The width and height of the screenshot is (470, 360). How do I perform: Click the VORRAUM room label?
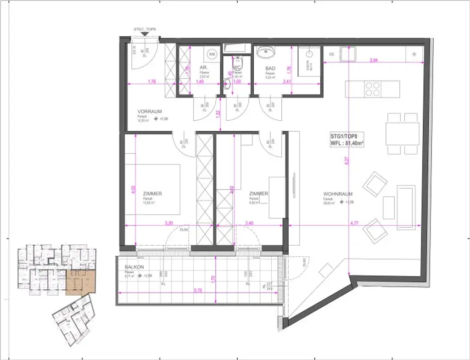pos(149,112)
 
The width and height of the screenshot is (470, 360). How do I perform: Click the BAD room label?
pos(270,68)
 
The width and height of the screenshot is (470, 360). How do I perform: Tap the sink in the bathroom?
pos(266,53)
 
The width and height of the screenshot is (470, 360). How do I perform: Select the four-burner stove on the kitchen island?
pos(372,89)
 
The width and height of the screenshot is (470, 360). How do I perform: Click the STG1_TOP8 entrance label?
pos(145,29)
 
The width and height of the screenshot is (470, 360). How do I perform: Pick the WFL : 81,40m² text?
pos(347,143)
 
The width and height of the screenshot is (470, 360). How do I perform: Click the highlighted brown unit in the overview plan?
pos(81,282)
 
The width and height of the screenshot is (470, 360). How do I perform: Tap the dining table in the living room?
pos(402,134)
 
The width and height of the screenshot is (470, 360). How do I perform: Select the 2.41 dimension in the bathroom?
pos(287,82)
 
